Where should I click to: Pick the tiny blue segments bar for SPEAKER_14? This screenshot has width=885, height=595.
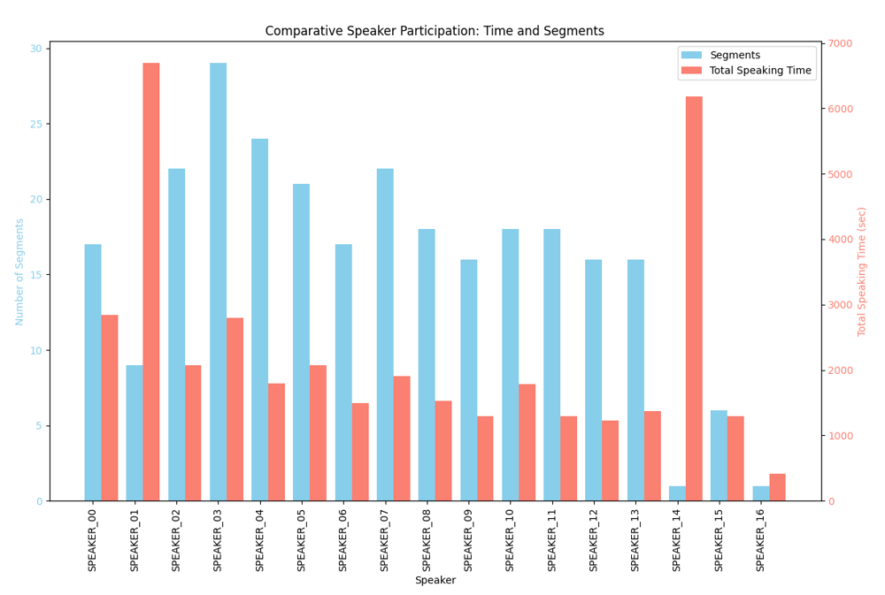click(677, 493)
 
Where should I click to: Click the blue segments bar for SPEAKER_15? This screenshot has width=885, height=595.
click(719, 455)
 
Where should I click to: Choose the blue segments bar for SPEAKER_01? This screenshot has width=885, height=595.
click(135, 433)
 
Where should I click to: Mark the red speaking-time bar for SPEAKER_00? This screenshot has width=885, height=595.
click(110, 408)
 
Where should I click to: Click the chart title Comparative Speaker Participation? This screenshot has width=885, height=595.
click(435, 31)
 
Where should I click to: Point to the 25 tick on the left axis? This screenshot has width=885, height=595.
click(35, 124)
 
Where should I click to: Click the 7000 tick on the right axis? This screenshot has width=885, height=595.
click(840, 43)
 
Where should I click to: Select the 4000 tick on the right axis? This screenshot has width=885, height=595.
click(840, 240)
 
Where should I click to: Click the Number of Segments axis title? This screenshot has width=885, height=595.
click(19, 272)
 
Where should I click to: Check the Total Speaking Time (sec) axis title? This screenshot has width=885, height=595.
click(862, 271)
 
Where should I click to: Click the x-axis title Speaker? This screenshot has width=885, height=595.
click(435, 581)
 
